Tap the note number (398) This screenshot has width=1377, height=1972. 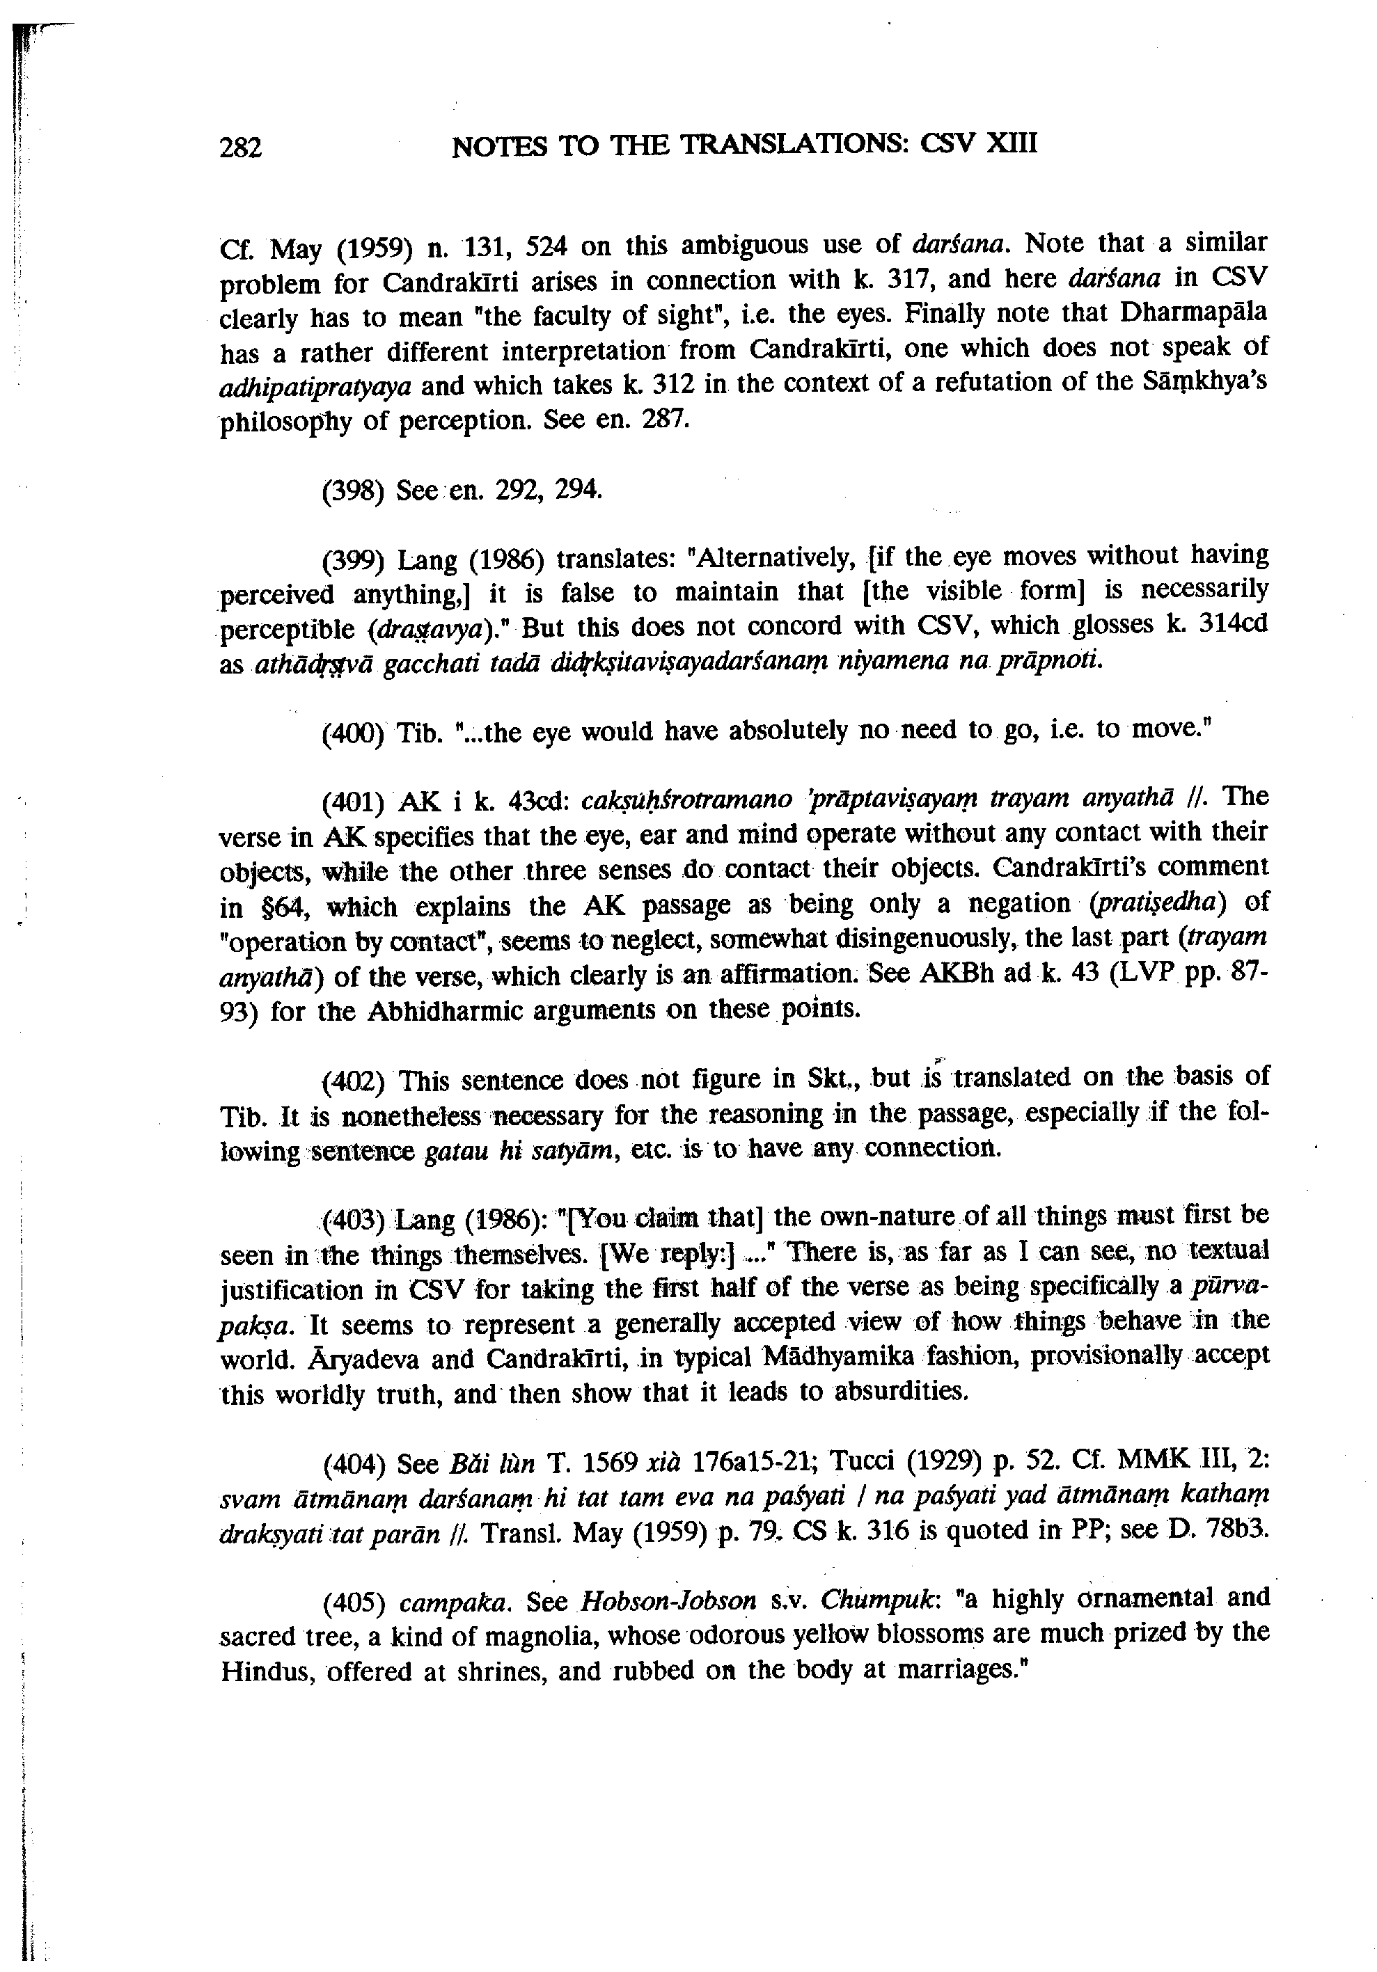pos(352,491)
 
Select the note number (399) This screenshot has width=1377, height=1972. pos(352,561)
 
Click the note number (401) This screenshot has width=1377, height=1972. pos(352,802)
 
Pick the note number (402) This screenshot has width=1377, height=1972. pos(352,1080)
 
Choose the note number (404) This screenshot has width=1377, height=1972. pos(352,1461)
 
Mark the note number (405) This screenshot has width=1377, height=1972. pos(352,1601)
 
